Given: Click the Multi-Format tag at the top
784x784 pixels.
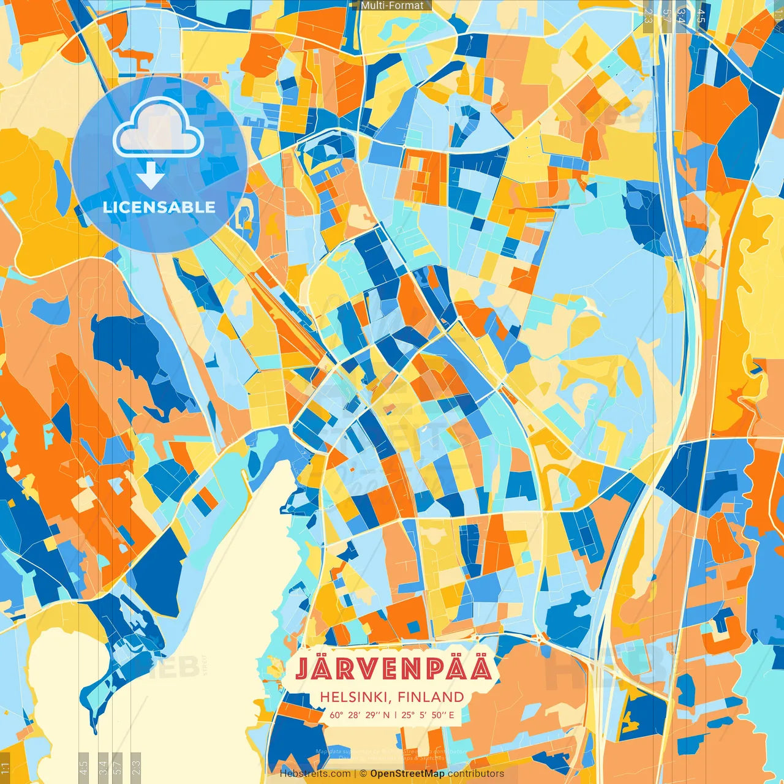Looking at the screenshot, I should tap(392, 6).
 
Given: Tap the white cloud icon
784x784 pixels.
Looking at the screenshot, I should tap(158, 127).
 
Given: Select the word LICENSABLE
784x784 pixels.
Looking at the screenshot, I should tap(159, 207).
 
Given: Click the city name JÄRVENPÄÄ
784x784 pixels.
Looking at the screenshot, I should tap(393, 669).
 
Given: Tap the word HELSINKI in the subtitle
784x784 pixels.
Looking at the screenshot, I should tap(356, 697).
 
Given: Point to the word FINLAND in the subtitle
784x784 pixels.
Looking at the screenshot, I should tap(431, 697).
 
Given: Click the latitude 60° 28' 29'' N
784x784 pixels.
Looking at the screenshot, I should tap(360, 714).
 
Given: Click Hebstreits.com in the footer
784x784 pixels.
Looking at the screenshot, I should tap(315, 774).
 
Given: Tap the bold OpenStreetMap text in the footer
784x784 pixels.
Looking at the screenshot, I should tap(407, 774).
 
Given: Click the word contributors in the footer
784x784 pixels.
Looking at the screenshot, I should tap(476, 774).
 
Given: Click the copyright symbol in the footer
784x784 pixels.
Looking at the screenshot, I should tap(363, 774).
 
